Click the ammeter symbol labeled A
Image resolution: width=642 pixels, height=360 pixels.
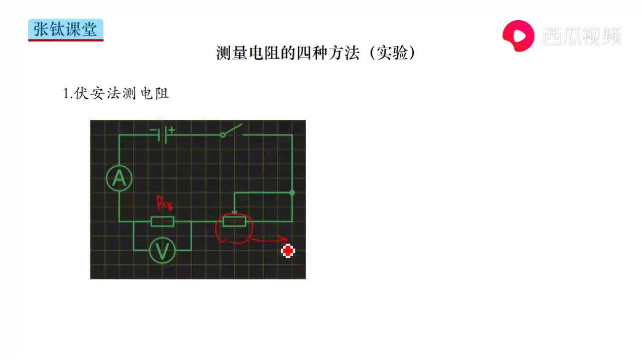point(119,178)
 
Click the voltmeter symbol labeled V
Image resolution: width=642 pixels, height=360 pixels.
point(162,251)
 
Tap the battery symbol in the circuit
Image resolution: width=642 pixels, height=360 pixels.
point(162,135)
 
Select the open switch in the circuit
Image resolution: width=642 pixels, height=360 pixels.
point(232,131)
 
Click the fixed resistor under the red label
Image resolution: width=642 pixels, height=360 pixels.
point(162,222)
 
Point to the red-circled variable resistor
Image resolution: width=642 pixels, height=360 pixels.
point(234,222)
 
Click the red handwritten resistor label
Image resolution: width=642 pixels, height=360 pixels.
point(165,203)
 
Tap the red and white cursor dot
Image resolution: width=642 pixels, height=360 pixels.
point(288,251)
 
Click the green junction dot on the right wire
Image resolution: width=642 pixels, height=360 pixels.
point(292,193)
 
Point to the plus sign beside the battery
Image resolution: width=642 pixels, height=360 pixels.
point(172,130)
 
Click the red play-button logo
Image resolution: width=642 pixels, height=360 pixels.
point(519,36)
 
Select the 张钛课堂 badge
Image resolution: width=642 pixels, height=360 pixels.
point(66,30)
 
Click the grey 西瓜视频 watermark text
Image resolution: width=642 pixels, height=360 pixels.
point(581,36)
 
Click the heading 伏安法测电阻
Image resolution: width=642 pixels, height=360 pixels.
point(121,94)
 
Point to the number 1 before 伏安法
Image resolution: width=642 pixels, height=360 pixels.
point(66,94)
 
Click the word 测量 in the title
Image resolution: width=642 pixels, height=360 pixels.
point(232,53)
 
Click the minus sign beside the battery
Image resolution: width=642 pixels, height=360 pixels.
point(153,130)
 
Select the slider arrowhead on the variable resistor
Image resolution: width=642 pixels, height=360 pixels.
point(234,213)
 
